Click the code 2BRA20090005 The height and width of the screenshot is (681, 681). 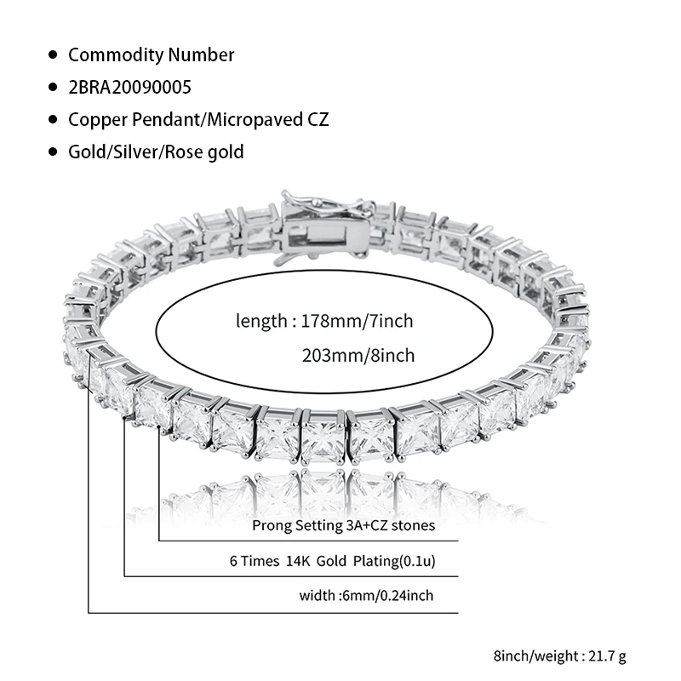(x=129, y=87)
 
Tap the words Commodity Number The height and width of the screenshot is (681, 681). (x=151, y=55)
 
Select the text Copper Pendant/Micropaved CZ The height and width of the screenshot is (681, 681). (x=197, y=119)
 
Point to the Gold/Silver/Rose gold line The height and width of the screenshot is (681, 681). (x=156, y=152)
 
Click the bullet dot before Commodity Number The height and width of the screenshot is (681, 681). (x=53, y=55)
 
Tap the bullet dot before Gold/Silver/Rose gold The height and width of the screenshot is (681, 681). (x=53, y=152)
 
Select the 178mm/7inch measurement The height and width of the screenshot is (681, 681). (x=353, y=322)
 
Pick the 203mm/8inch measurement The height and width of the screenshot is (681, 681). (x=358, y=355)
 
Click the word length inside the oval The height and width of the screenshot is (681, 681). (x=260, y=322)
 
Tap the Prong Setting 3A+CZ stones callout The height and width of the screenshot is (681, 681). (x=343, y=525)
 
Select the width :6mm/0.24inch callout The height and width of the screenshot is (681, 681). (x=366, y=595)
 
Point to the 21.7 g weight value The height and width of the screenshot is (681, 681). (x=608, y=656)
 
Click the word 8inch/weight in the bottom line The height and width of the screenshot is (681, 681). (x=528, y=656)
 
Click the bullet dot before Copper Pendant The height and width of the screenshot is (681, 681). (x=53, y=119)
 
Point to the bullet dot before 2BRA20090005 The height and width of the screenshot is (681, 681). (x=53, y=87)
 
